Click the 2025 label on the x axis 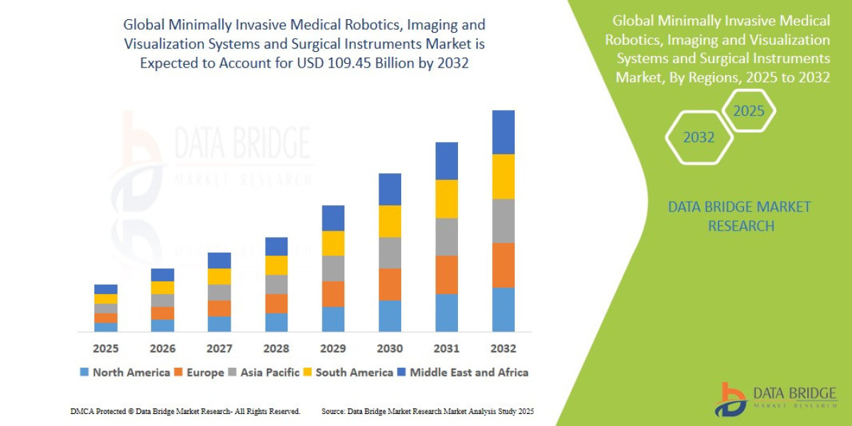click(105, 349)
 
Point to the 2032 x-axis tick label click(503, 349)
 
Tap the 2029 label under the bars click(332, 349)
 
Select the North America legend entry click(125, 372)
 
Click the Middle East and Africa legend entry click(462, 372)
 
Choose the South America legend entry click(347, 372)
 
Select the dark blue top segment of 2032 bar click(503, 132)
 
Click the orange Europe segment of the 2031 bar click(446, 275)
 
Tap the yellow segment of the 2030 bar click(389, 221)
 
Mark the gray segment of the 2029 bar click(332, 268)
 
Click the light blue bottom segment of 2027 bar click(219, 324)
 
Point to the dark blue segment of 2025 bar click(105, 289)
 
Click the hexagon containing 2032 click(699, 138)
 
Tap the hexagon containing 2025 click(748, 111)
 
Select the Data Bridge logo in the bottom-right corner click(774, 399)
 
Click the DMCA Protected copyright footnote click(185, 411)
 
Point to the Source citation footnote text click(427, 411)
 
